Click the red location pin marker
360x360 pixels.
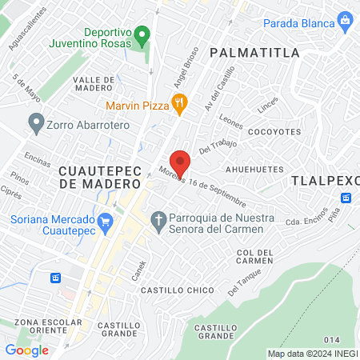coord(181,162)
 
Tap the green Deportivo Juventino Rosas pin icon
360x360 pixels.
coord(142,34)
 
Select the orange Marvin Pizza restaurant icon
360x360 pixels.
coord(180,102)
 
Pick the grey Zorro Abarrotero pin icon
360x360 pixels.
coord(36,123)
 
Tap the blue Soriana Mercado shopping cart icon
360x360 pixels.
coord(104,220)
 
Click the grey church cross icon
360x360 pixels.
coord(158,219)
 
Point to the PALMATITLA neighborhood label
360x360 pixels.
coord(254,53)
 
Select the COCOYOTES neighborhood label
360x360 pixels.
coord(274,130)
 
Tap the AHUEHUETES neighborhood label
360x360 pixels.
coord(254,170)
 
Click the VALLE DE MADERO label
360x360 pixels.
coord(98,85)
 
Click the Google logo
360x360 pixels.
coord(26,350)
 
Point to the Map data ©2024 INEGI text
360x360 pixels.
coord(311,354)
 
